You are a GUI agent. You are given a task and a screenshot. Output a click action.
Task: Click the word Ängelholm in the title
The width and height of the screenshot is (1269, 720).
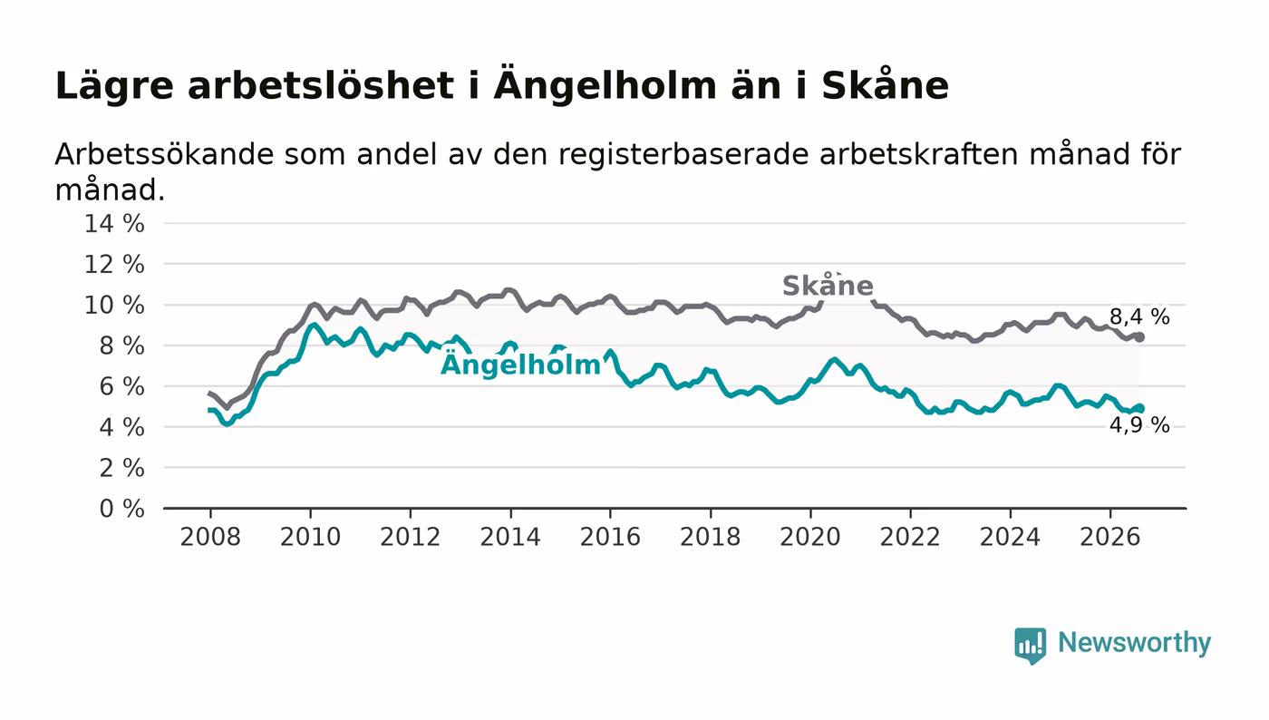click(x=605, y=85)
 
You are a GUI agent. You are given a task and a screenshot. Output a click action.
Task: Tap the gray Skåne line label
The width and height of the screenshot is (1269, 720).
click(x=828, y=285)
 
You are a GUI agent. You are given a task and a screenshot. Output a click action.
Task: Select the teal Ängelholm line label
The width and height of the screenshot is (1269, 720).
click(x=520, y=364)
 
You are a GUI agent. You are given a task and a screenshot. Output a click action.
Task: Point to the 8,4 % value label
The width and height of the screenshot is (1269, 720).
click(x=1139, y=316)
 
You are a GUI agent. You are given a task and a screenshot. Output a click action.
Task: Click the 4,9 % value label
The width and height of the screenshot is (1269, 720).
click(x=1139, y=424)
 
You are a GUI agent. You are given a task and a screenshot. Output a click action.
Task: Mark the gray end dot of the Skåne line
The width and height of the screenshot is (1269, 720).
click(x=1139, y=337)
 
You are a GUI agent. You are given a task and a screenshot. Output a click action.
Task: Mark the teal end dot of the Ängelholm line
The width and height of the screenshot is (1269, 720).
click(x=1139, y=408)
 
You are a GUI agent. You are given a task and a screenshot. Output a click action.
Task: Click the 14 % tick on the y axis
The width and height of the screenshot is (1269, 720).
click(x=114, y=223)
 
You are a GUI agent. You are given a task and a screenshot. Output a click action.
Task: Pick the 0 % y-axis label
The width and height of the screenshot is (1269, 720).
click(x=121, y=509)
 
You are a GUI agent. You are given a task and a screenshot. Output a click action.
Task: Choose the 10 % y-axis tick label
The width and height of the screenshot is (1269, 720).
click(x=114, y=305)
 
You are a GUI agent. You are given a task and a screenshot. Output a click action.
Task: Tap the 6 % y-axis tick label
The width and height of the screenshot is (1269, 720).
click(x=121, y=386)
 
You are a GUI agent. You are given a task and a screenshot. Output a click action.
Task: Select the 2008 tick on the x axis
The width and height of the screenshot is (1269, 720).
click(x=210, y=537)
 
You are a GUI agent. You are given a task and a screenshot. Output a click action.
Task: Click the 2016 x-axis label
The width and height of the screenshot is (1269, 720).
click(x=610, y=537)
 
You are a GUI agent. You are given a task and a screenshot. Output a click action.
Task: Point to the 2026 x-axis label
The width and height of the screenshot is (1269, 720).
click(x=1109, y=537)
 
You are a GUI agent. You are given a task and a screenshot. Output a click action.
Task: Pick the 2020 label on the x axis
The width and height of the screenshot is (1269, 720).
click(x=810, y=537)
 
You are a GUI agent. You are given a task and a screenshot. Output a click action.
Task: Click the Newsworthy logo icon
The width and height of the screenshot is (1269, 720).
click(x=1030, y=646)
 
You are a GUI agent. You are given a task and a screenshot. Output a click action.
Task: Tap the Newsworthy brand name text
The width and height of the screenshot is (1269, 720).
click(x=1134, y=643)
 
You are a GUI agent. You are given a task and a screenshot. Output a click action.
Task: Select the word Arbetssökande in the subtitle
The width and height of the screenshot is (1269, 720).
click(x=164, y=154)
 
